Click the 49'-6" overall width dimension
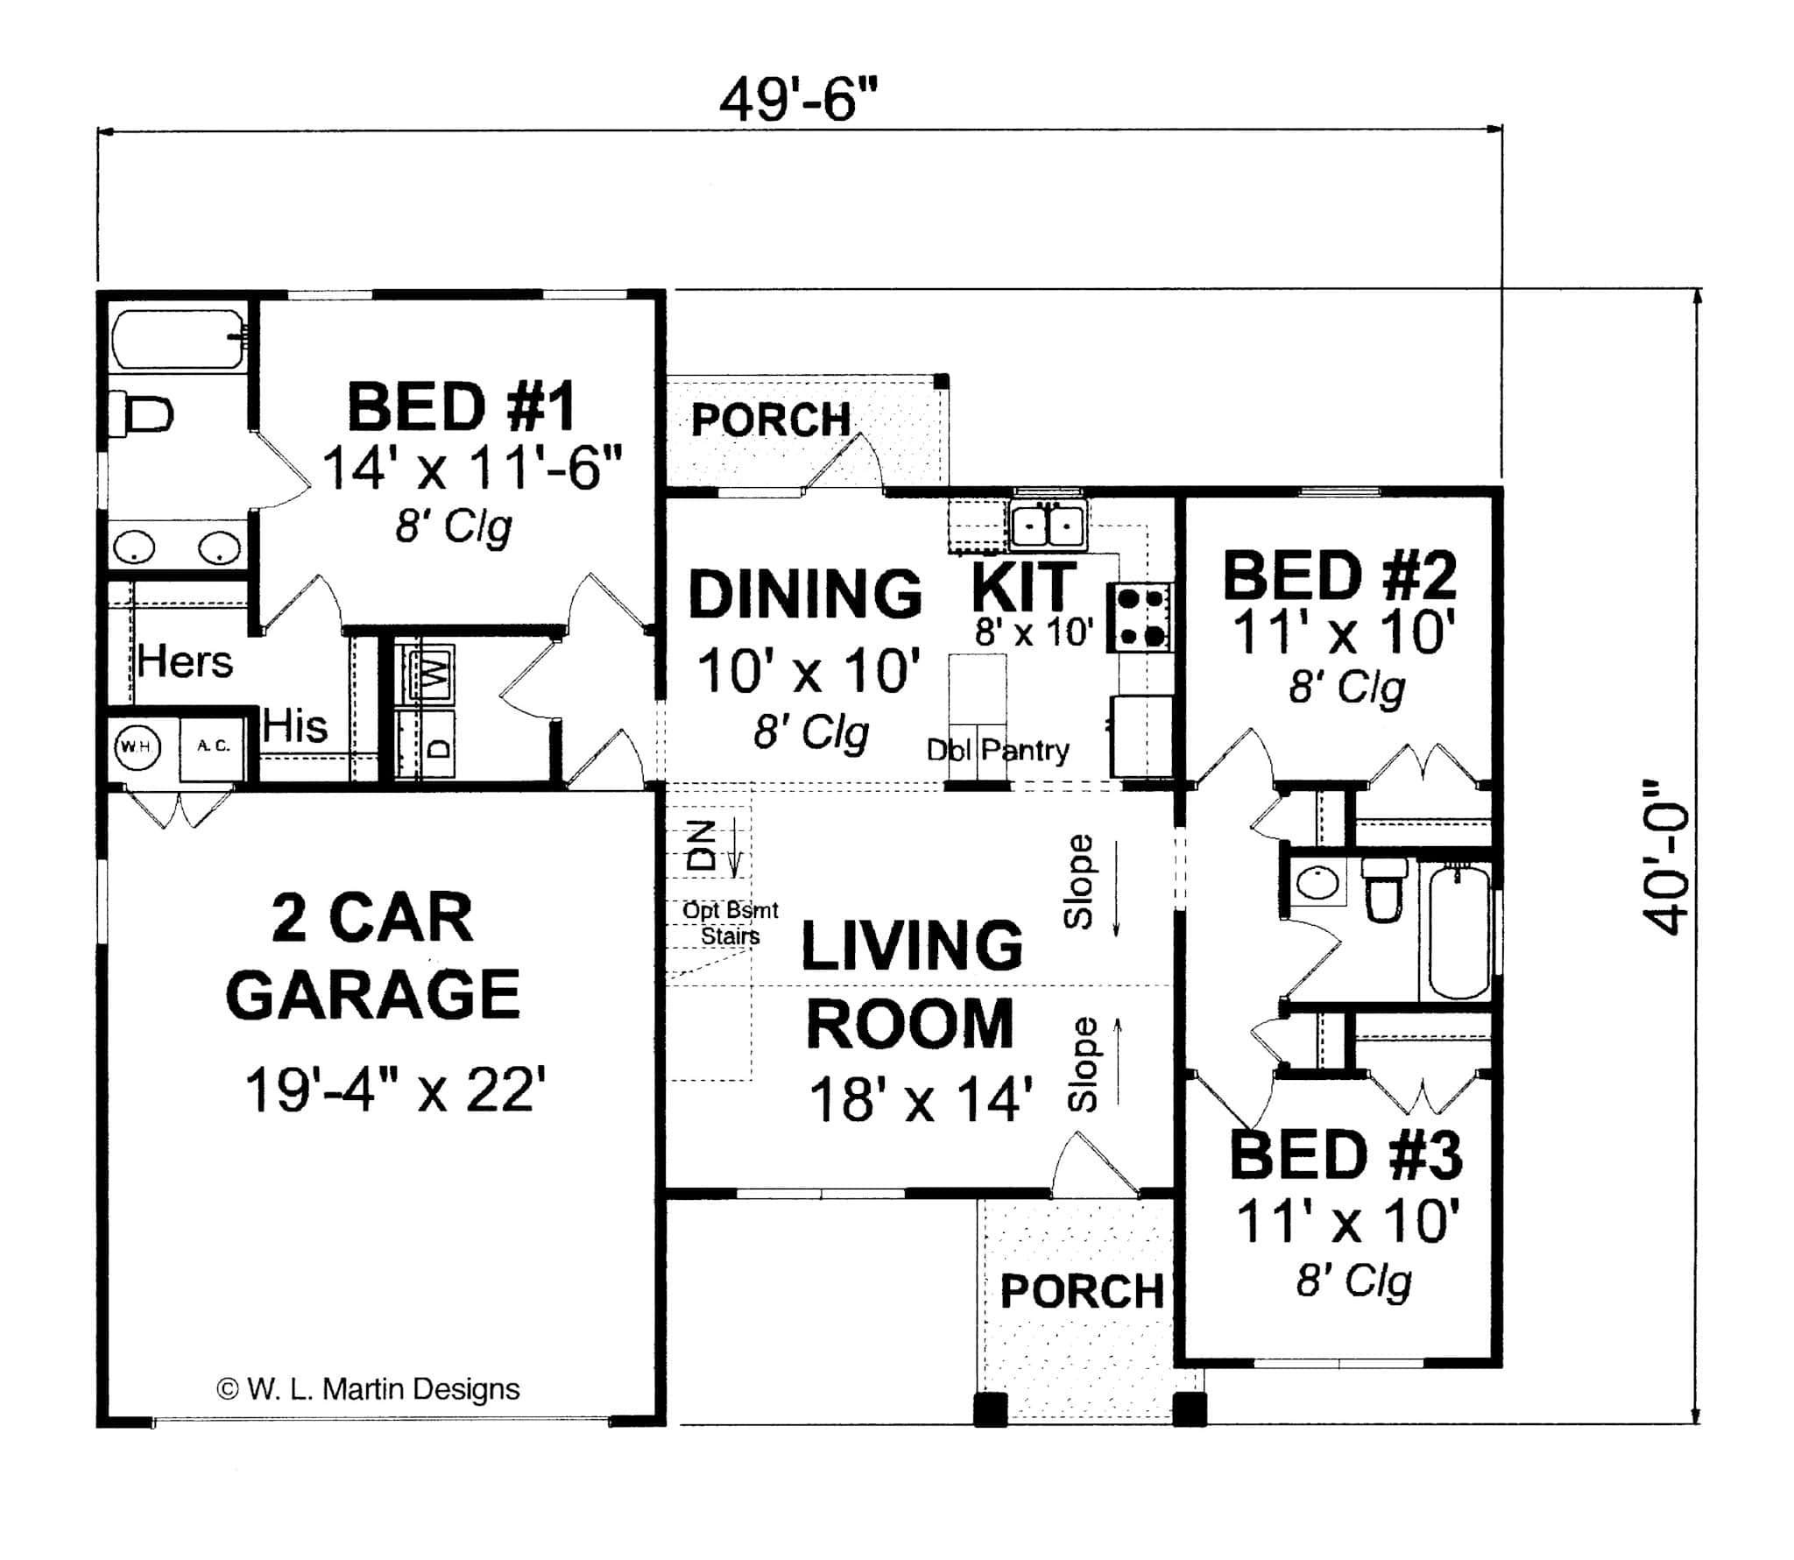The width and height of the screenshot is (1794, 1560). click(x=798, y=101)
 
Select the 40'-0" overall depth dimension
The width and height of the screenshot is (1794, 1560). click(x=1663, y=858)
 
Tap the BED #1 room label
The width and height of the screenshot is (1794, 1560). click(x=462, y=407)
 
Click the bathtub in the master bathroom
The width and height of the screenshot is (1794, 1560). click(x=179, y=339)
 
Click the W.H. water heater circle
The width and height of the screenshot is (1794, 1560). click(x=136, y=746)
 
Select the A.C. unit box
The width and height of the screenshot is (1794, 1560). click(x=212, y=746)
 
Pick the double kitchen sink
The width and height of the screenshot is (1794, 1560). click(x=1048, y=526)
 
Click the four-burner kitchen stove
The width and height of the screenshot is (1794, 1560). click(x=1140, y=618)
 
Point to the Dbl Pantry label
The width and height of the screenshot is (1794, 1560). click(x=998, y=750)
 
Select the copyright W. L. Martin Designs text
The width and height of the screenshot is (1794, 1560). click(x=368, y=1389)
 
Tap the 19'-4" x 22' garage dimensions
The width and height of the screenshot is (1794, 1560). click(x=395, y=1091)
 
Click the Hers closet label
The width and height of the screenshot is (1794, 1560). click(x=185, y=661)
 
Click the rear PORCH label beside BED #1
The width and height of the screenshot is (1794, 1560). click(x=771, y=420)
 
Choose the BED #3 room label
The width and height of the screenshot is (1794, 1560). click(x=1346, y=1156)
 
